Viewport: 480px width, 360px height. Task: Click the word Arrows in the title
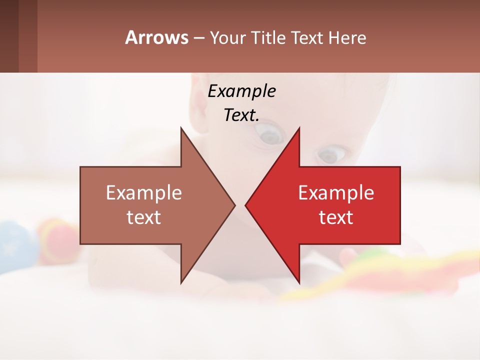click(157, 37)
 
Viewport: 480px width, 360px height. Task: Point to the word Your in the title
click(228, 38)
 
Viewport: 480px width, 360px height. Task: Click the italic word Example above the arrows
click(241, 91)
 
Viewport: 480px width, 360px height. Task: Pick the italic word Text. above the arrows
click(241, 115)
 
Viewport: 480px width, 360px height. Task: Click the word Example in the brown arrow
click(144, 193)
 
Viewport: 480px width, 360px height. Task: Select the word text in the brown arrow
click(144, 217)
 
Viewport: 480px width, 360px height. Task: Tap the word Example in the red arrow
click(336, 193)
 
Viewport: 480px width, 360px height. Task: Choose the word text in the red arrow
click(336, 217)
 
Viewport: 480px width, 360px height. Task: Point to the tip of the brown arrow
click(234, 205)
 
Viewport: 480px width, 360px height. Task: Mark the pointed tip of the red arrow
click(246, 205)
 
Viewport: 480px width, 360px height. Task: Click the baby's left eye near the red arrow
click(331, 154)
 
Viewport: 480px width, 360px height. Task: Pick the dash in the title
click(198, 38)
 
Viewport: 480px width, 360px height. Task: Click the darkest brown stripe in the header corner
click(9, 36)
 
